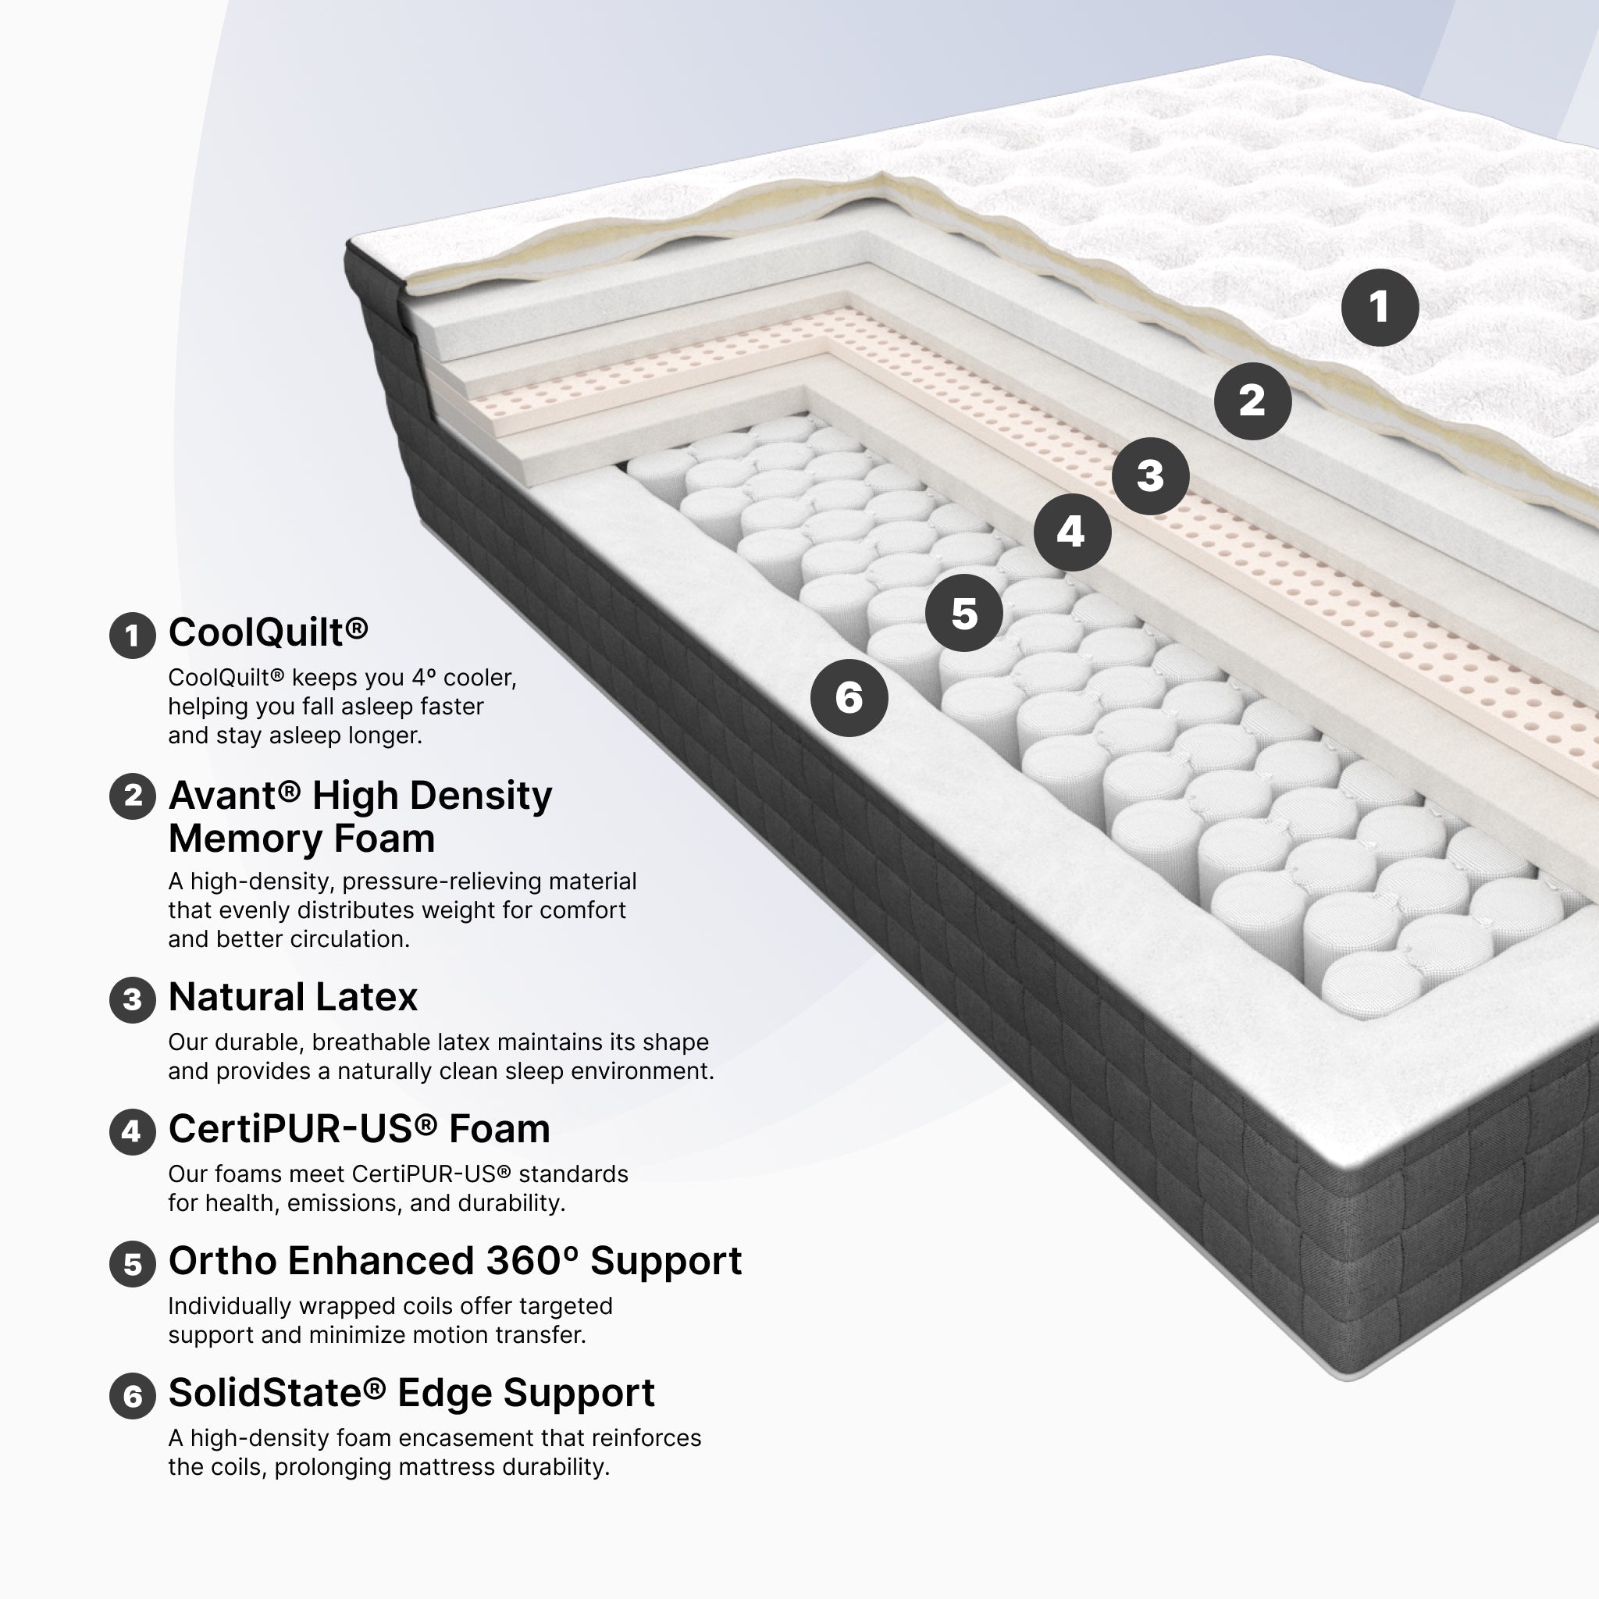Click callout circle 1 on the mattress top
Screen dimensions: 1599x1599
1380,308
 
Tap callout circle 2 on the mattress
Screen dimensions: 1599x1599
1252,401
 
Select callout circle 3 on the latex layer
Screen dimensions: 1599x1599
1150,476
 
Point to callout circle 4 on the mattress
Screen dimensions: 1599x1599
1072,532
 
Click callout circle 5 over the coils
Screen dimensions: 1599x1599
964,613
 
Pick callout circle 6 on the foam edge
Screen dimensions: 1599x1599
849,698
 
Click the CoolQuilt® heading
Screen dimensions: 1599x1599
268,632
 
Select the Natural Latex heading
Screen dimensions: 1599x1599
293,996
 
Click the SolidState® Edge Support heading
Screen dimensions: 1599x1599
411,1393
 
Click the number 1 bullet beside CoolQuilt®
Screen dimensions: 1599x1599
133,636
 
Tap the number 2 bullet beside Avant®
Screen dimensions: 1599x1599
133,796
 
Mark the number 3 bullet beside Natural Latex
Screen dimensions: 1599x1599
133,1000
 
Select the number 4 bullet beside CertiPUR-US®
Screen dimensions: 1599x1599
133,1131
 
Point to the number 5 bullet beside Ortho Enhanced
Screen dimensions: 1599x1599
133,1264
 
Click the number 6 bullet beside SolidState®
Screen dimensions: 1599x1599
133,1396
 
